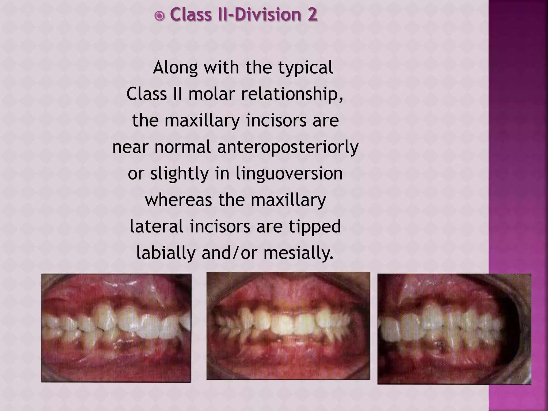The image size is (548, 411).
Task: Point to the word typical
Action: tap(306, 68)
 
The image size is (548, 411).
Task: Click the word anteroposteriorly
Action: tap(288, 147)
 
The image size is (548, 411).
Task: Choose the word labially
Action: tap(165, 253)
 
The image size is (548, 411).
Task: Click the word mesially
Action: tap(298, 253)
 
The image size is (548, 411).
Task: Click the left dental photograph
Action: tap(116, 328)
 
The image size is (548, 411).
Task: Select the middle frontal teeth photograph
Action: tap(288, 326)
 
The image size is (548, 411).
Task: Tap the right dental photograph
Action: tap(454, 329)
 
